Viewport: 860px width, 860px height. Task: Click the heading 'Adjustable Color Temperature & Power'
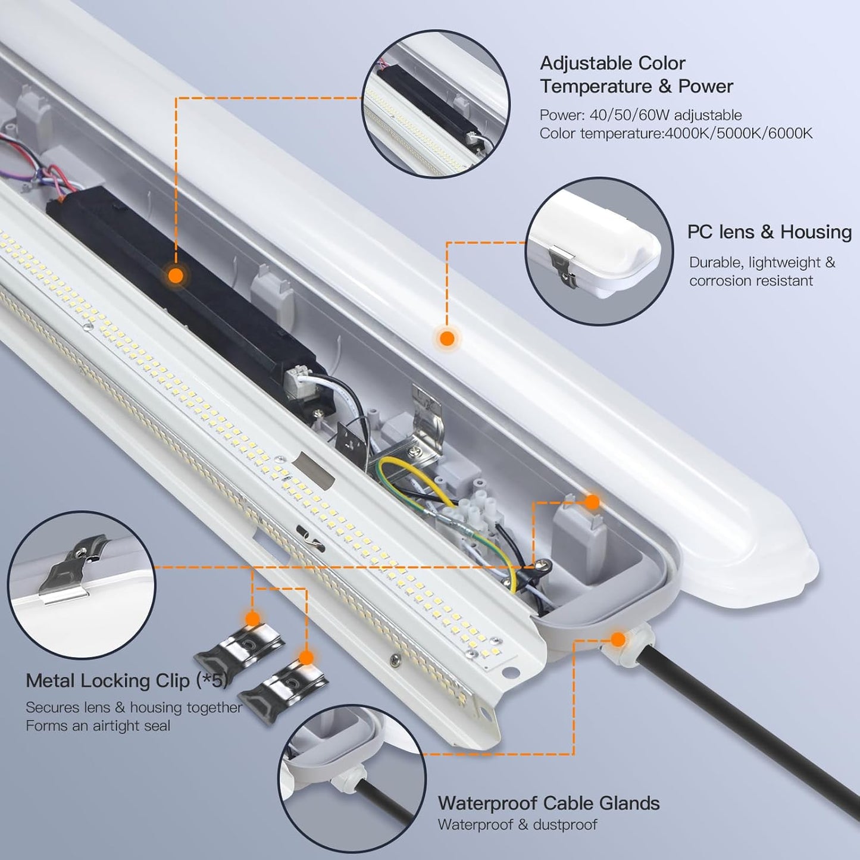[636, 75]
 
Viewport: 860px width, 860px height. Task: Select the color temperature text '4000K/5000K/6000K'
[738, 133]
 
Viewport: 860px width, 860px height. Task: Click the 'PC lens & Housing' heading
[769, 232]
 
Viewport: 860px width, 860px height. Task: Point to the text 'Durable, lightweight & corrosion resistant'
[761, 271]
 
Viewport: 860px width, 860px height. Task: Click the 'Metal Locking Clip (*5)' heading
[127, 681]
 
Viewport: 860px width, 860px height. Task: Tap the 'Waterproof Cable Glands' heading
[548, 803]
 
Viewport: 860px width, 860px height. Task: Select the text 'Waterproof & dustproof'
[517, 825]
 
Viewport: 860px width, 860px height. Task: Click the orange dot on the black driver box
[176, 276]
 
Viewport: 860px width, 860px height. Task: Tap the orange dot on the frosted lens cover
[447, 339]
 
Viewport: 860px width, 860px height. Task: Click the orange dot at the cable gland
[618, 640]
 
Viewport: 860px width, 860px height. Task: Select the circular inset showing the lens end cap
[599, 252]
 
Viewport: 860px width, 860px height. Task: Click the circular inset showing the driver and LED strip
[436, 104]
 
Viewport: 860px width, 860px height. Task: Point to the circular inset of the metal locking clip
[82, 586]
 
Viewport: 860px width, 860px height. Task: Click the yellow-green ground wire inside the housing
[417, 476]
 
